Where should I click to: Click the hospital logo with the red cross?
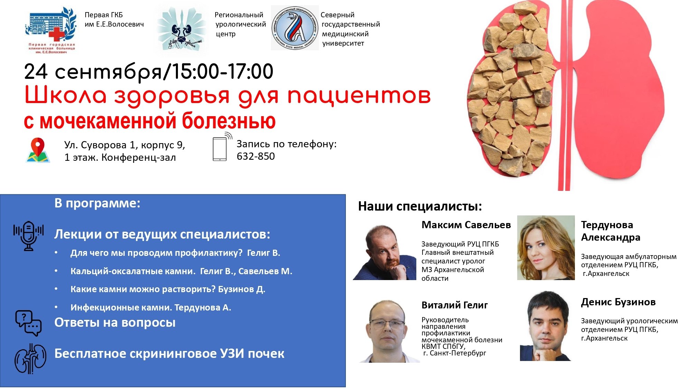(x=51, y=30)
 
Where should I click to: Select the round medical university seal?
(x=294, y=28)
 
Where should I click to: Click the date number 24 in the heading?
(x=36, y=72)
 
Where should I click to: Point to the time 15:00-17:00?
(x=223, y=71)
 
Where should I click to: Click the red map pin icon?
(x=38, y=150)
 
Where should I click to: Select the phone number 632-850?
(x=256, y=156)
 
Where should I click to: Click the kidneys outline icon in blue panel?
(x=30, y=359)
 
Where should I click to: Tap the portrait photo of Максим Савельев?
(x=385, y=252)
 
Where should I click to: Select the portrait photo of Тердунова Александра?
(x=546, y=248)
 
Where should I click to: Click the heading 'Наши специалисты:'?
(x=420, y=206)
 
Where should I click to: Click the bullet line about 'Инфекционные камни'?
(x=151, y=307)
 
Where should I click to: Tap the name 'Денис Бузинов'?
(x=618, y=302)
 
